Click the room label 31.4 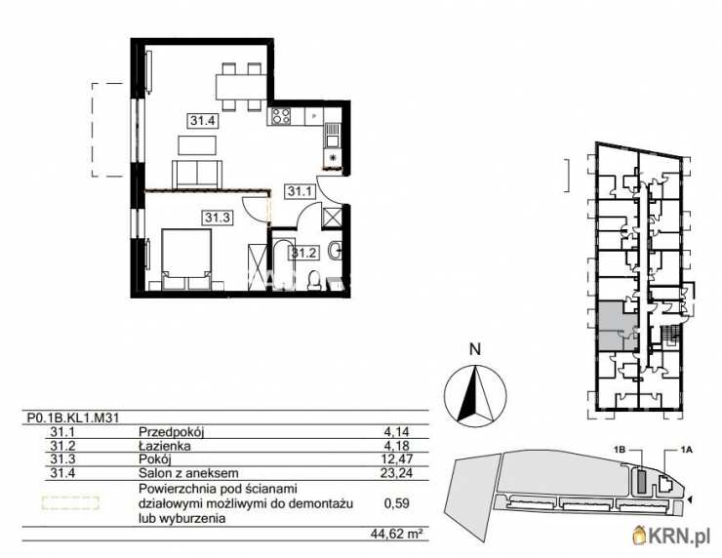pyautogui.click(x=202, y=121)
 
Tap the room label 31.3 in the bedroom pyautogui.click(x=217, y=218)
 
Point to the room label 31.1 pyautogui.click(x=300, y=192)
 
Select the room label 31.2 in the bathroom pyautogui.click(x=307, y=252)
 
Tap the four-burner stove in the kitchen pyautogui.click(x=282, y=119)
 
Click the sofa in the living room pyautogui.click(x=200, y=174)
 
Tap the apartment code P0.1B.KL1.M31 pyautogui.click(x=73, y=416)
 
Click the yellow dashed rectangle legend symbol pyautogui.click(x=69, y=503)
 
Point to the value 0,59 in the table pyautogui.click(x=398, y=503)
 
